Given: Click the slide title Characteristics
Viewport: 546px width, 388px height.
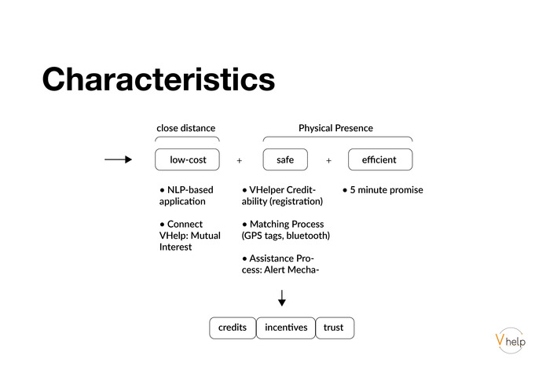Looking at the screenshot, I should [158, 80].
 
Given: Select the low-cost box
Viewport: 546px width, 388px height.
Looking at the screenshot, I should [188, 159].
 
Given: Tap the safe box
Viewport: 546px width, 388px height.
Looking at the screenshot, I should [285, 159].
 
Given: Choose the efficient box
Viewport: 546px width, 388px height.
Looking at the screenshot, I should [379, 159].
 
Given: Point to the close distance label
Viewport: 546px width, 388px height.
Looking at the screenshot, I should [185, 128].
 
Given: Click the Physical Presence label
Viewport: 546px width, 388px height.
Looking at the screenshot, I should [335, 128].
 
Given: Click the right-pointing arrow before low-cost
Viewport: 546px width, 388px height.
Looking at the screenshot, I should [118, 159].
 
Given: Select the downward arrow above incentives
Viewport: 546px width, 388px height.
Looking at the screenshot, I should [282, 298].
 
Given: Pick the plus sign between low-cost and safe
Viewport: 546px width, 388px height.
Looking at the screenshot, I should [240, 160].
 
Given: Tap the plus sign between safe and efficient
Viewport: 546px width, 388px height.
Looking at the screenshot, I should [328, 160].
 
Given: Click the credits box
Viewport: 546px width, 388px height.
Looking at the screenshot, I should [233, 328].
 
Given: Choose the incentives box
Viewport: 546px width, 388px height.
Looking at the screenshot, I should [286, 328].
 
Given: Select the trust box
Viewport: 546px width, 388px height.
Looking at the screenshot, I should [334, 328].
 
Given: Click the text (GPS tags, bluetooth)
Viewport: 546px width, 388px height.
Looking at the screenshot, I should [286, 236].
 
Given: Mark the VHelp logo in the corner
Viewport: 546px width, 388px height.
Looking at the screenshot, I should [510, 339].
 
